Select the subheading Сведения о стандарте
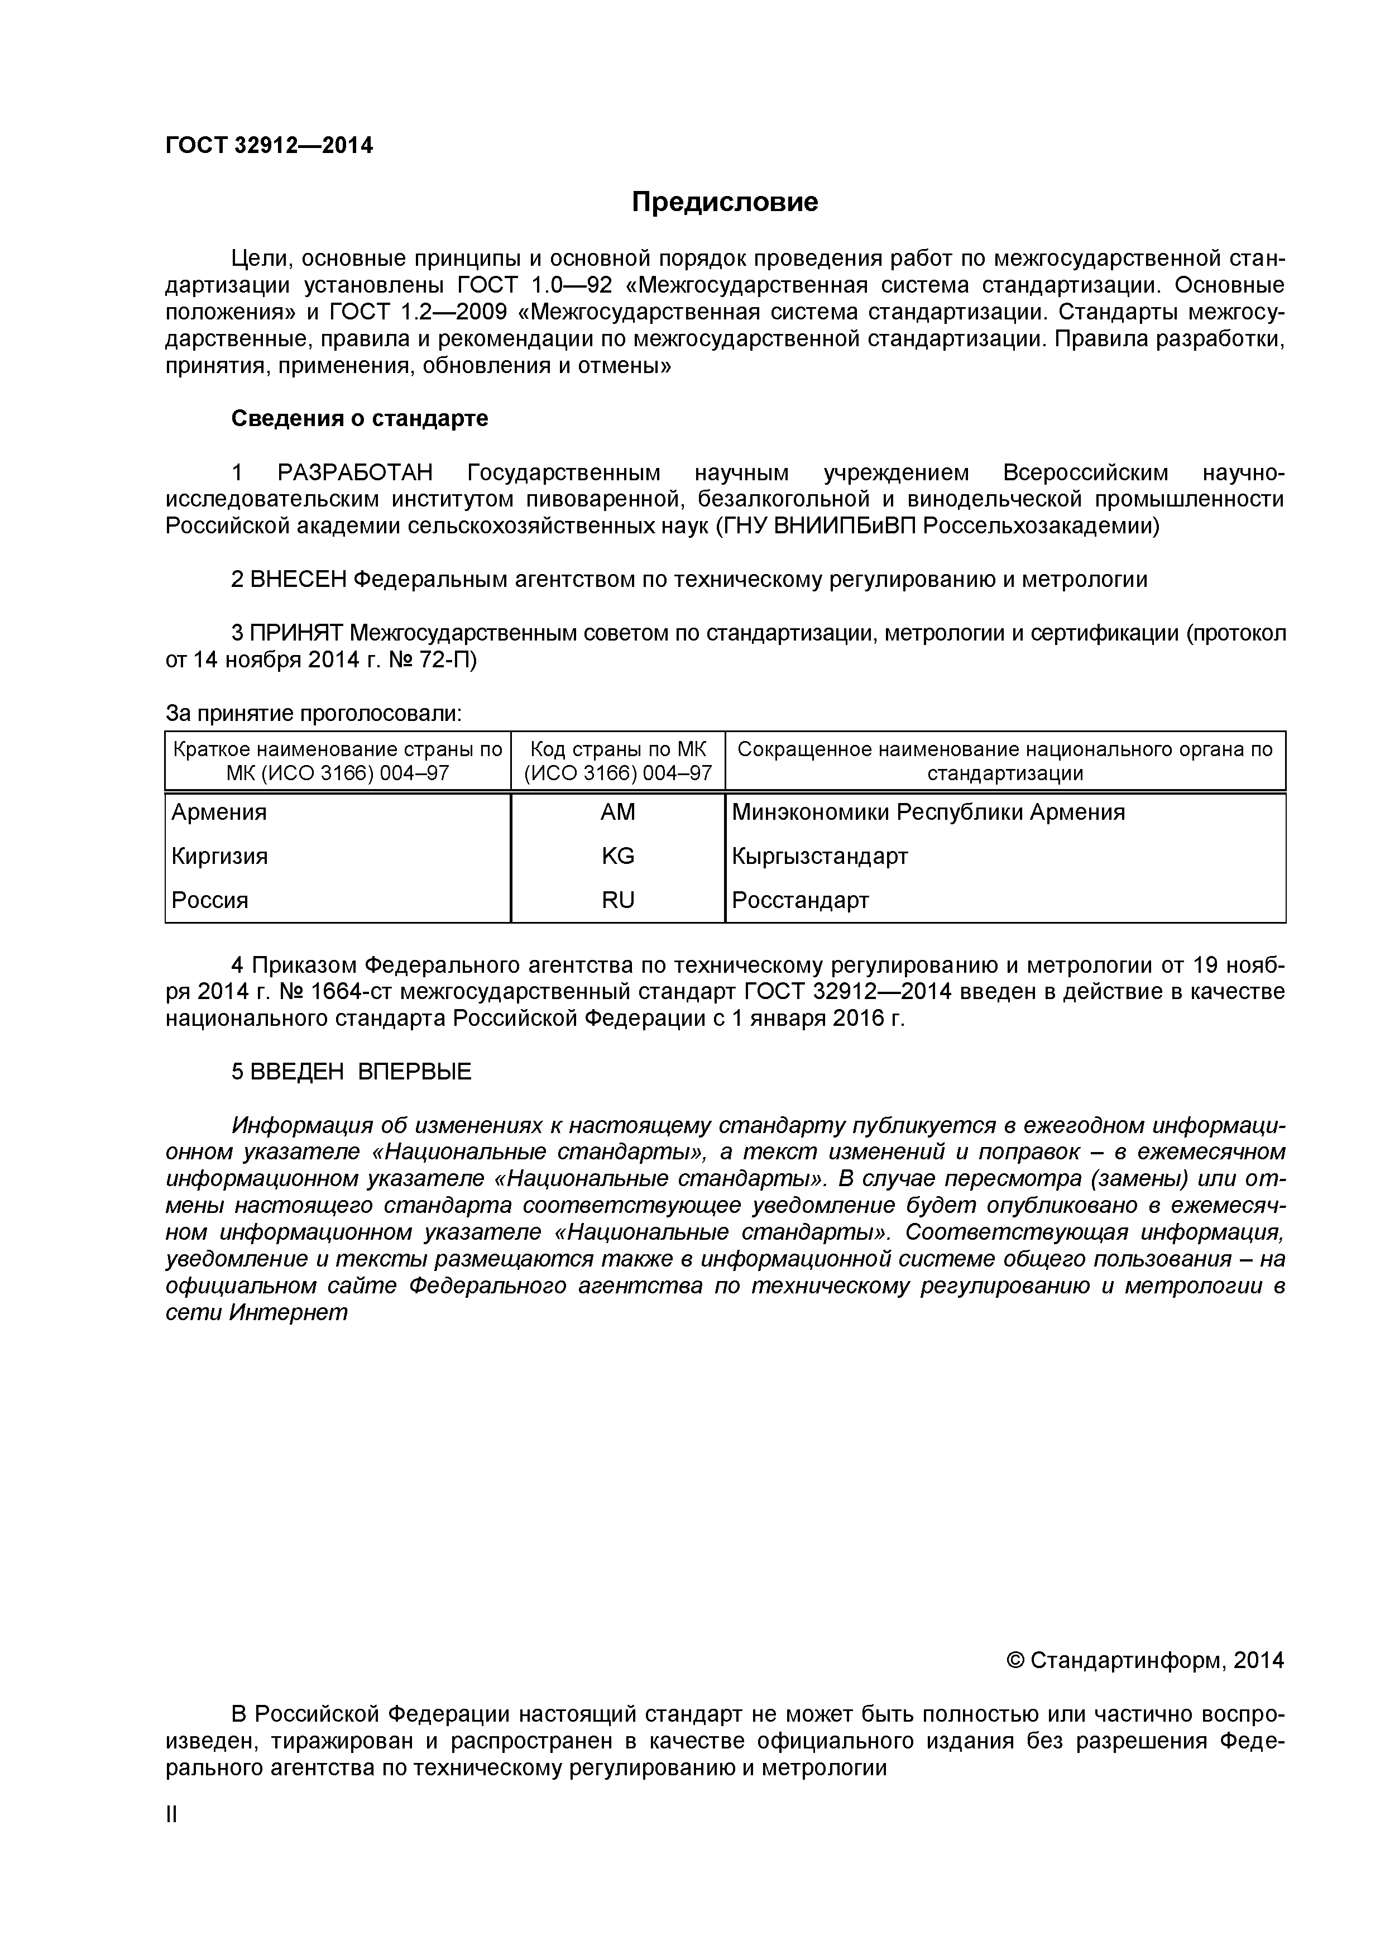point(360,419)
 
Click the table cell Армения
point(219,813)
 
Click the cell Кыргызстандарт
point(820,856)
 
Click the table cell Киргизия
point(220,856)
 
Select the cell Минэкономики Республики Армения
point(928,813)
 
